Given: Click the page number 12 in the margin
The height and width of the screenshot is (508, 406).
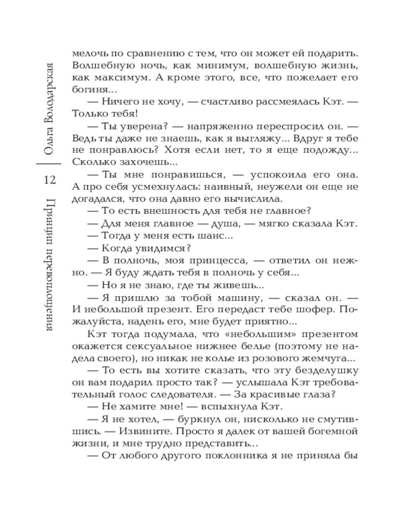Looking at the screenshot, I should coord(53,180).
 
